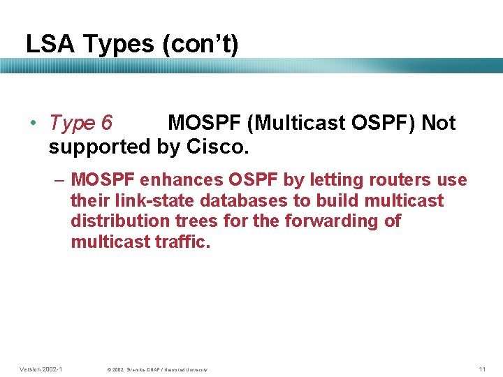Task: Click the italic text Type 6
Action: tap(80, 123)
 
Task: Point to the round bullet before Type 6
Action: tap(34, 124)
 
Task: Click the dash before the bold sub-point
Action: tap(59, 180)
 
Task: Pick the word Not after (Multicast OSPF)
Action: tap(438, 123)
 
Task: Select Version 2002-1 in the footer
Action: tap(41, 369)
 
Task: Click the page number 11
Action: tap(482, 369)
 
